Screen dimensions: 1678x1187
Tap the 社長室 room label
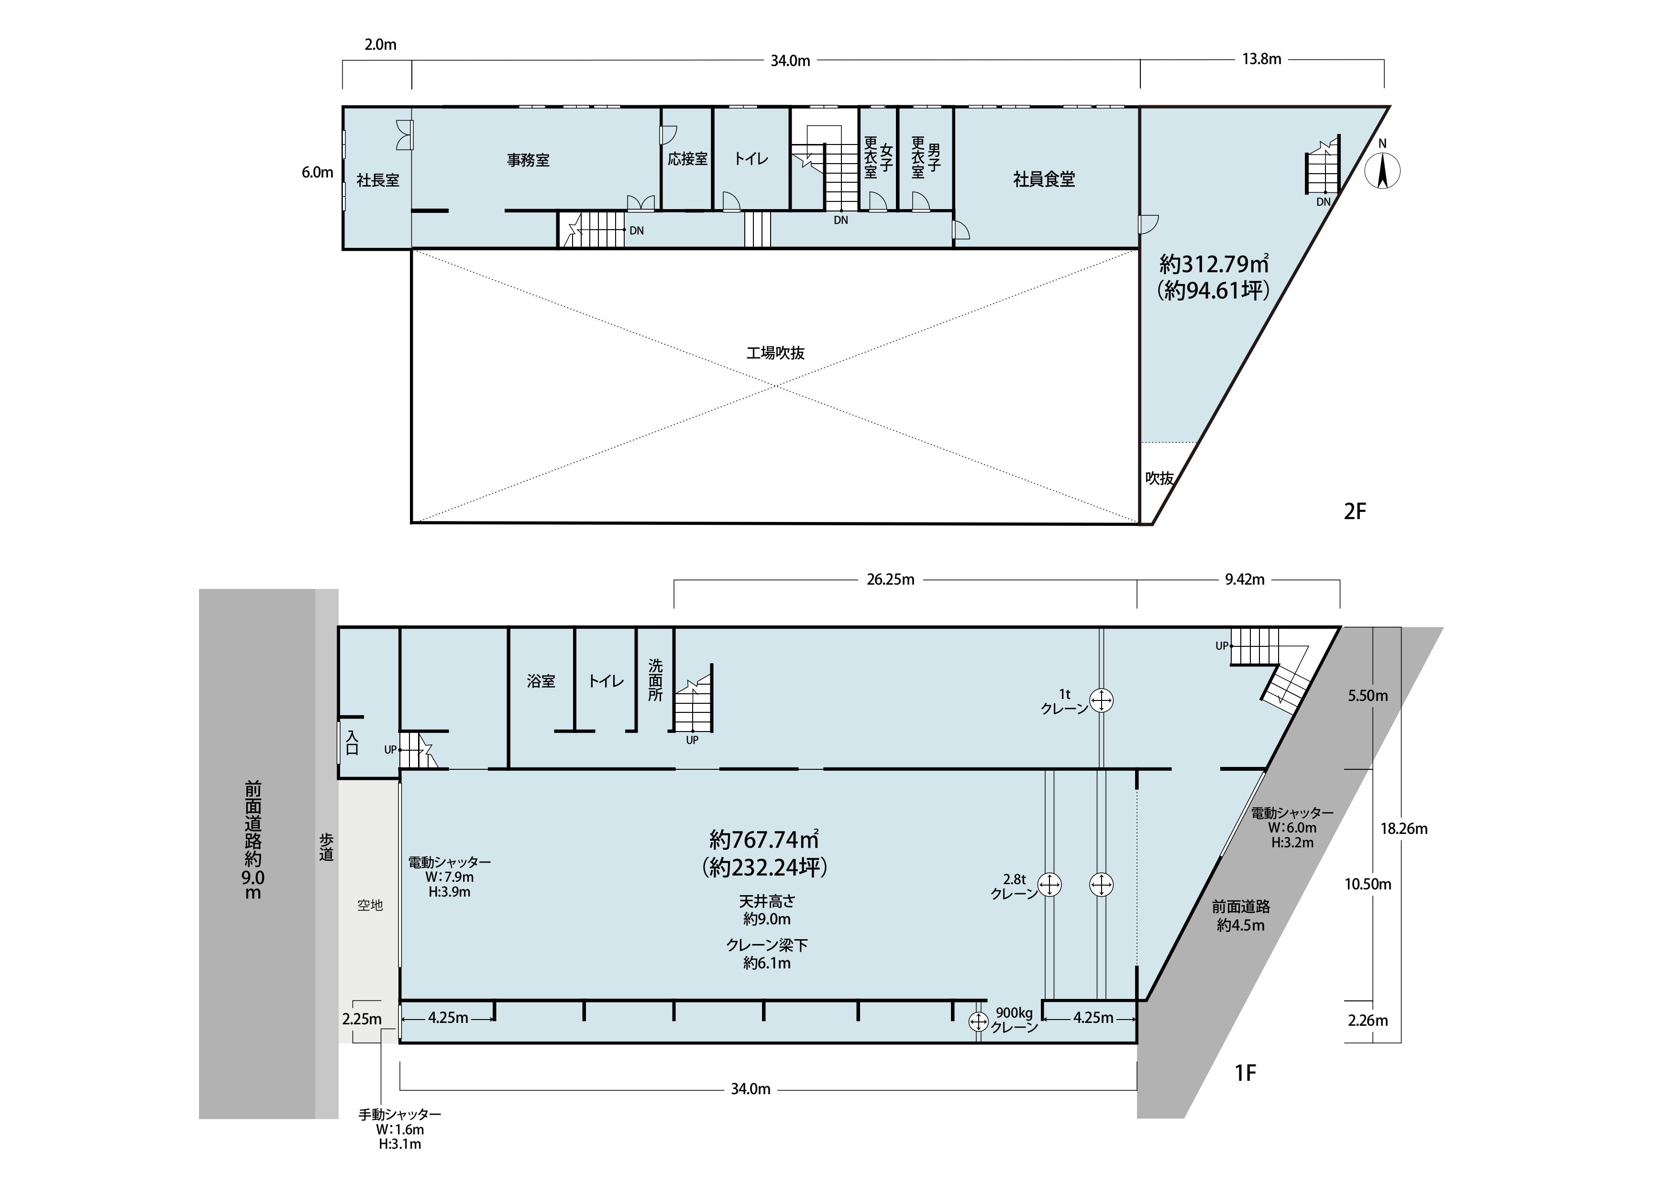click(x=378, y=180)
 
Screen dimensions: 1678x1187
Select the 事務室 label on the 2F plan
click(x=529, y=160)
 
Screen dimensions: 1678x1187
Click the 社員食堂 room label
click(x=1044, y=179)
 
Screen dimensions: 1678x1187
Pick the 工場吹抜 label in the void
click(x=775, y=353)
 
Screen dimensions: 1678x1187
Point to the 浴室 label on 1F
click(x=541, y=681)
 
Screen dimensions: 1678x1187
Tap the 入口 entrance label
click(x=352, y=743)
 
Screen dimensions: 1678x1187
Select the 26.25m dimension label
click(x=890, y=579)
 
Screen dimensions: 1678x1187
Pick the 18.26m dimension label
click(x=1404, y=829)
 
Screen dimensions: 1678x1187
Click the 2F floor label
click(x=1355, y=511)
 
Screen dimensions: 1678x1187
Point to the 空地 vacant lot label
click(x=370, y=905)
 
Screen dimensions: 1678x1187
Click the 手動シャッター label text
click(x=400, y=1115)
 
